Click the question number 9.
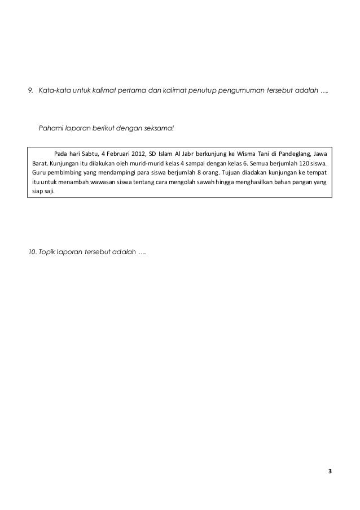pos(31,90)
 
